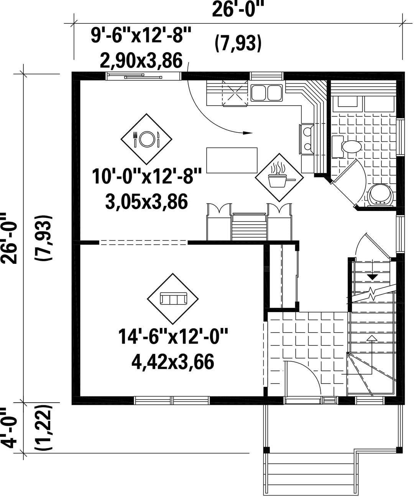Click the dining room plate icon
tap(146, 139)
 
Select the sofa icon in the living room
tap(173, 299)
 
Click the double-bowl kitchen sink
tap(266, 93)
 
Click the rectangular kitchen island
tap(232, 160)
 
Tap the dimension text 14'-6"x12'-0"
tap(173, 337)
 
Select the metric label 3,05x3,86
tap(146, 202)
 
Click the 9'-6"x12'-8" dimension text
tap(141, 35)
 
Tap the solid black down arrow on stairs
tap(372, 277)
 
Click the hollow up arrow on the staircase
tap(372, 339)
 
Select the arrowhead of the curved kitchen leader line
tap(248, 133)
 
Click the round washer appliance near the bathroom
tap(380, 194)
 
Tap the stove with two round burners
tap(307, 139)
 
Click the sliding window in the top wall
tap(143, 76)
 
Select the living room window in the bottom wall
tap(172, 400)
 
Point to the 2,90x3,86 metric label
tap(141, 61)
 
